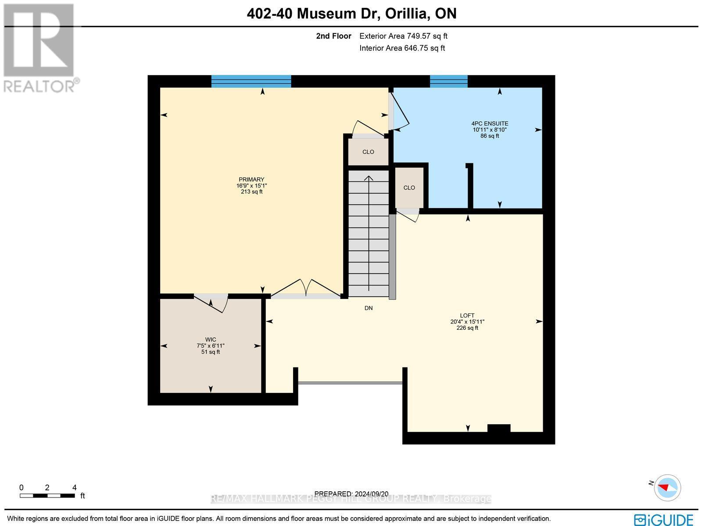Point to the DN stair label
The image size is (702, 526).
tap(369, 308)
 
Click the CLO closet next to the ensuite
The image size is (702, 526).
tap(409, 187)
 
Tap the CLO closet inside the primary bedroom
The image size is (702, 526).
tap(368, 152)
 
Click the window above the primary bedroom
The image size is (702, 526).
tap(251, 81)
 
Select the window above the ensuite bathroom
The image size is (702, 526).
tap(448, 81)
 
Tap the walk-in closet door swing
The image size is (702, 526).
tap(211, 302)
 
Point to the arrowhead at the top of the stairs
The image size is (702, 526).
tap(369, 178)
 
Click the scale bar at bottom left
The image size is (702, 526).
tap(47, 496)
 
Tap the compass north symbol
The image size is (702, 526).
tap(667, 487)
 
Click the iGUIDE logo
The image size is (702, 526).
tap(664, 519)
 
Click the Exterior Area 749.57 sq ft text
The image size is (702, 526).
tap(403, 36)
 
